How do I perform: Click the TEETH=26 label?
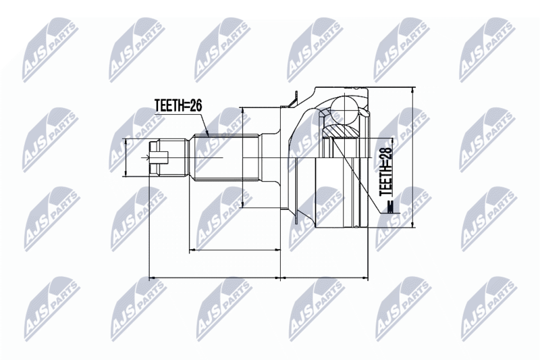coord(178,105)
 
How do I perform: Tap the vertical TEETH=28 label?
coord(386,172)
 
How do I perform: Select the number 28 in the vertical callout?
coord(386,154)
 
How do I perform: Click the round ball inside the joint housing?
coord(344,109)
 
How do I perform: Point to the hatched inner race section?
coord(340,131)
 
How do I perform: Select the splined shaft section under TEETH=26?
coord(227,158)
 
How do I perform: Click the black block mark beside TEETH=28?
coord(390,207)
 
